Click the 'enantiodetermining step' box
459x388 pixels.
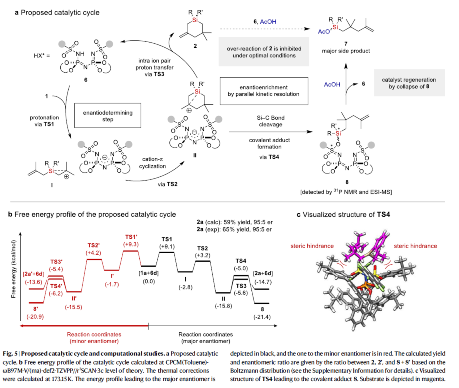[108, 116]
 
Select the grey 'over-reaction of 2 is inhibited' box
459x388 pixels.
[264, 52]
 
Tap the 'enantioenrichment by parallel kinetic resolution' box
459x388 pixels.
[264, 91]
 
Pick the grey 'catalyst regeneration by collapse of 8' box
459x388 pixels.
[409, 83]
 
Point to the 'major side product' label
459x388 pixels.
[346, 51]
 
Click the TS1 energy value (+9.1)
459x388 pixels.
[167, 247]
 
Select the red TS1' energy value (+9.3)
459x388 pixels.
[131, 245]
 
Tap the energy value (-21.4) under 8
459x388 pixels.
[262, 317]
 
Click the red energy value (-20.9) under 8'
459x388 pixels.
[35, 317]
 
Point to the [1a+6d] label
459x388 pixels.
[148, 273]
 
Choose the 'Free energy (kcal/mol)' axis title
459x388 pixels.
[14, 269]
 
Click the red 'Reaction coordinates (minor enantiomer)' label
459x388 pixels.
[94, 338]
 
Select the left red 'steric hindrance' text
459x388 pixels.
[312, 246]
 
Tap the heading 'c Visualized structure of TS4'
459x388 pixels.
[343, 215]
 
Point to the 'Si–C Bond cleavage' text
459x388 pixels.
[270, 121]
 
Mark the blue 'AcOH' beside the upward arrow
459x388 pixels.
[332, 85]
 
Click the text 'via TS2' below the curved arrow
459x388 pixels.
[167, 184]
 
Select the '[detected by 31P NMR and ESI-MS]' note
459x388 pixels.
[346, 192]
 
